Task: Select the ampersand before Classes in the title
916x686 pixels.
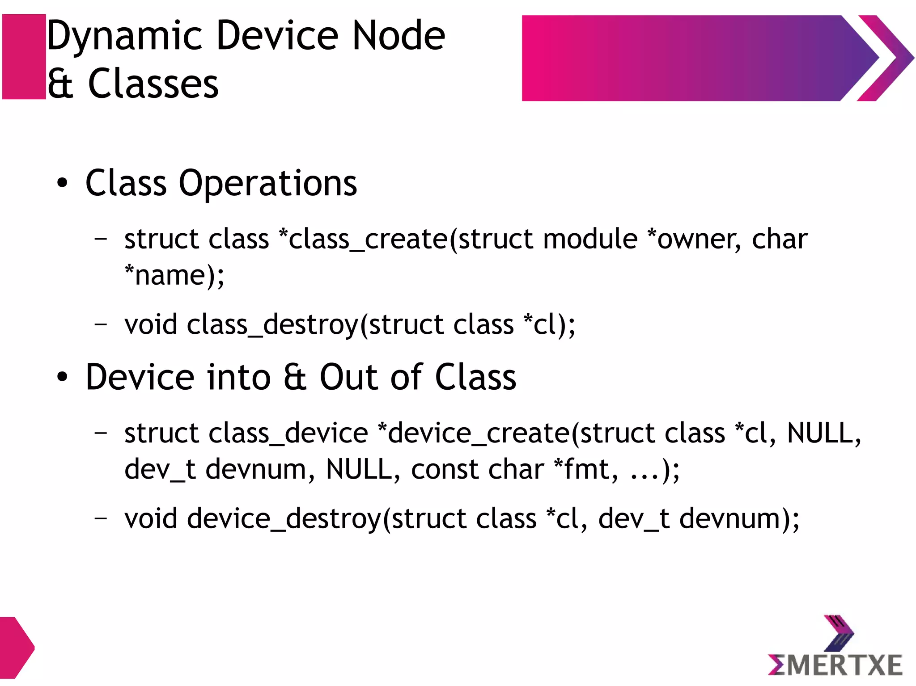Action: tap(60, 84)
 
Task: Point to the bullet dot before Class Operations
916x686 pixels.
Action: tap(62, 183)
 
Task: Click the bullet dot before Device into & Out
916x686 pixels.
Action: tap(62, 377)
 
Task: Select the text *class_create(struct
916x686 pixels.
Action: tap(363, 239)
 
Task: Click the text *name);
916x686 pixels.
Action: tap(174, 275)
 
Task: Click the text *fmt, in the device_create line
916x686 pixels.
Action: tap(586, 469)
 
